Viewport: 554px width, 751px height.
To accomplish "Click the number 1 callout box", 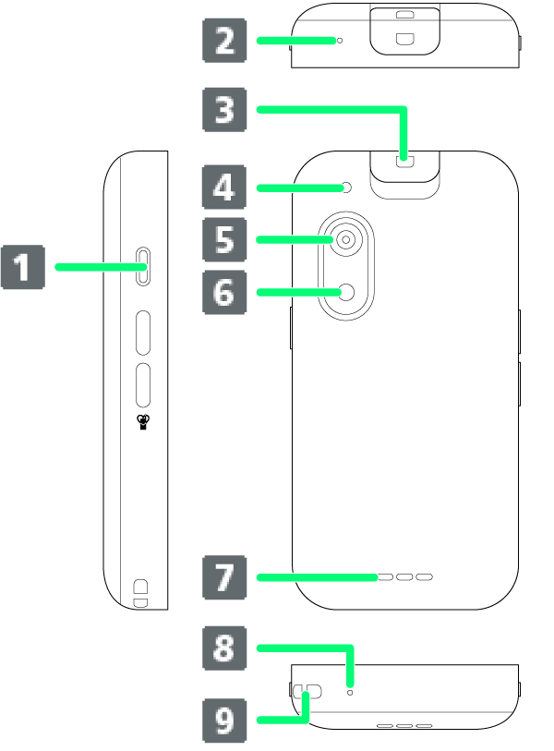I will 22,267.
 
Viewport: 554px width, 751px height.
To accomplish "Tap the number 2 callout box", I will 224,41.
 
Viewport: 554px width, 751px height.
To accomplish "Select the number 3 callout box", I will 224,110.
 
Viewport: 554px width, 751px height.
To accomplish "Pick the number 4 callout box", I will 224,188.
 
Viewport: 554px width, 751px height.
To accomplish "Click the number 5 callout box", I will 224,240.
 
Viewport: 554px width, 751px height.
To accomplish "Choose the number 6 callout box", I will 224,293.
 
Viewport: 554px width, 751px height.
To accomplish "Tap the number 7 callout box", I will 224,577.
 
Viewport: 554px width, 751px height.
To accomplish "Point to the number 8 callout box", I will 224,648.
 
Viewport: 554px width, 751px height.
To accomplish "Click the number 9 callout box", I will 224,721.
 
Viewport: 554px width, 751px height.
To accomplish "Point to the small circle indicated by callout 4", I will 346,188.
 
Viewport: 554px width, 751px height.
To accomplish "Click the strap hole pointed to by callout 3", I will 403,160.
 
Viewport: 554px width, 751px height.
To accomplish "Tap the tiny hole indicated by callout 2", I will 339,41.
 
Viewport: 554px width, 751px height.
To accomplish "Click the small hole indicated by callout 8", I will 350,691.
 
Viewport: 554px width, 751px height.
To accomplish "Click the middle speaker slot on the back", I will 404,577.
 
